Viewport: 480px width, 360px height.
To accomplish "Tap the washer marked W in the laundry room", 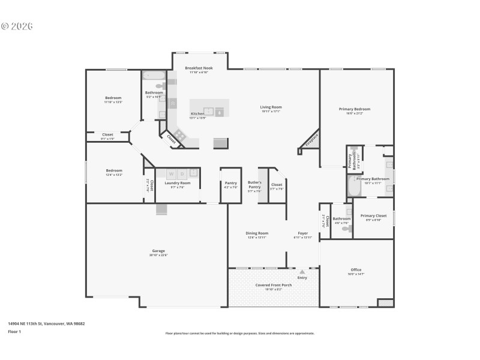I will (170, 174).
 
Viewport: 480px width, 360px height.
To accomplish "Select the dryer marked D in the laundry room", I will (182, 174).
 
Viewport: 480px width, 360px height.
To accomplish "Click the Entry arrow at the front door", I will (302, 272).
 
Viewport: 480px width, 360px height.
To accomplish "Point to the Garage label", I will (158, 251).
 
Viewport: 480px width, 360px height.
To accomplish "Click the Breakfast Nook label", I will (199, 68).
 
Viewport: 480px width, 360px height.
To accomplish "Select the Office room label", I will (356, 269).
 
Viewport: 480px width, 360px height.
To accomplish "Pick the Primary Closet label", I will (373, 215).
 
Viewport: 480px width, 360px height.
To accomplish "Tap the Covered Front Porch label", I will (274, 285).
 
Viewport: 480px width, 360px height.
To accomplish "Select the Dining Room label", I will (257, 233).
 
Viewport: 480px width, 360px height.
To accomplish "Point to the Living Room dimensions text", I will (271, 112).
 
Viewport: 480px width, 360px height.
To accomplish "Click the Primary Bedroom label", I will (355, 109).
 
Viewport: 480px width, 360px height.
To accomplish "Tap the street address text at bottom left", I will (46, 323).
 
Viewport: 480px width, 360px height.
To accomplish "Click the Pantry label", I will (230, 183).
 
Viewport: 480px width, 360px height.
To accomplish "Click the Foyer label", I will (303, 233).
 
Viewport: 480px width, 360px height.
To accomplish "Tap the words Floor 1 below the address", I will (14, 331).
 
